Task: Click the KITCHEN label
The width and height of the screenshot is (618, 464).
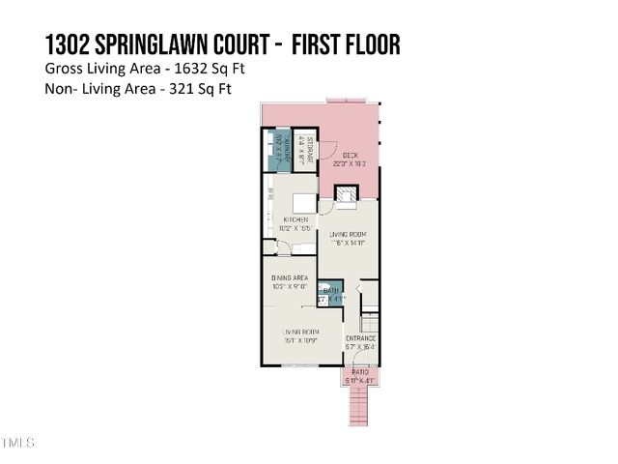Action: coord(295,220)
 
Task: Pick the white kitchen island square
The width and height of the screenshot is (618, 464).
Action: coord(301,202)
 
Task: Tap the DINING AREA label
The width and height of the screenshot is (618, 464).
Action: coord(291,278)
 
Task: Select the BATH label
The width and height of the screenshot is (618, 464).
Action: coord(331,290)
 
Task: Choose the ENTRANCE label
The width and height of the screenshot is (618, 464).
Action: coord(361,337)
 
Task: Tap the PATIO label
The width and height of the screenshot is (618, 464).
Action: coord(360,372)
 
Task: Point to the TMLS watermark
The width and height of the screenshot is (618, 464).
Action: coord(18,443)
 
